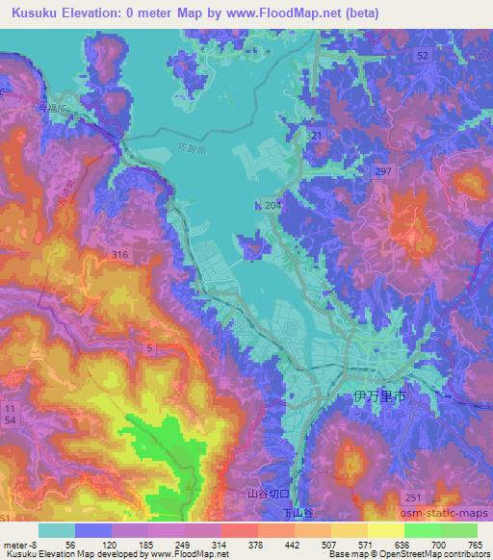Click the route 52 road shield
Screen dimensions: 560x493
(423, 57)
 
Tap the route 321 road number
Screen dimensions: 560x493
(314, 138)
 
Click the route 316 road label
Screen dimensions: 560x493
(119, 254)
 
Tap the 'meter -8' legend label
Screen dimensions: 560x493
(19, 544)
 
